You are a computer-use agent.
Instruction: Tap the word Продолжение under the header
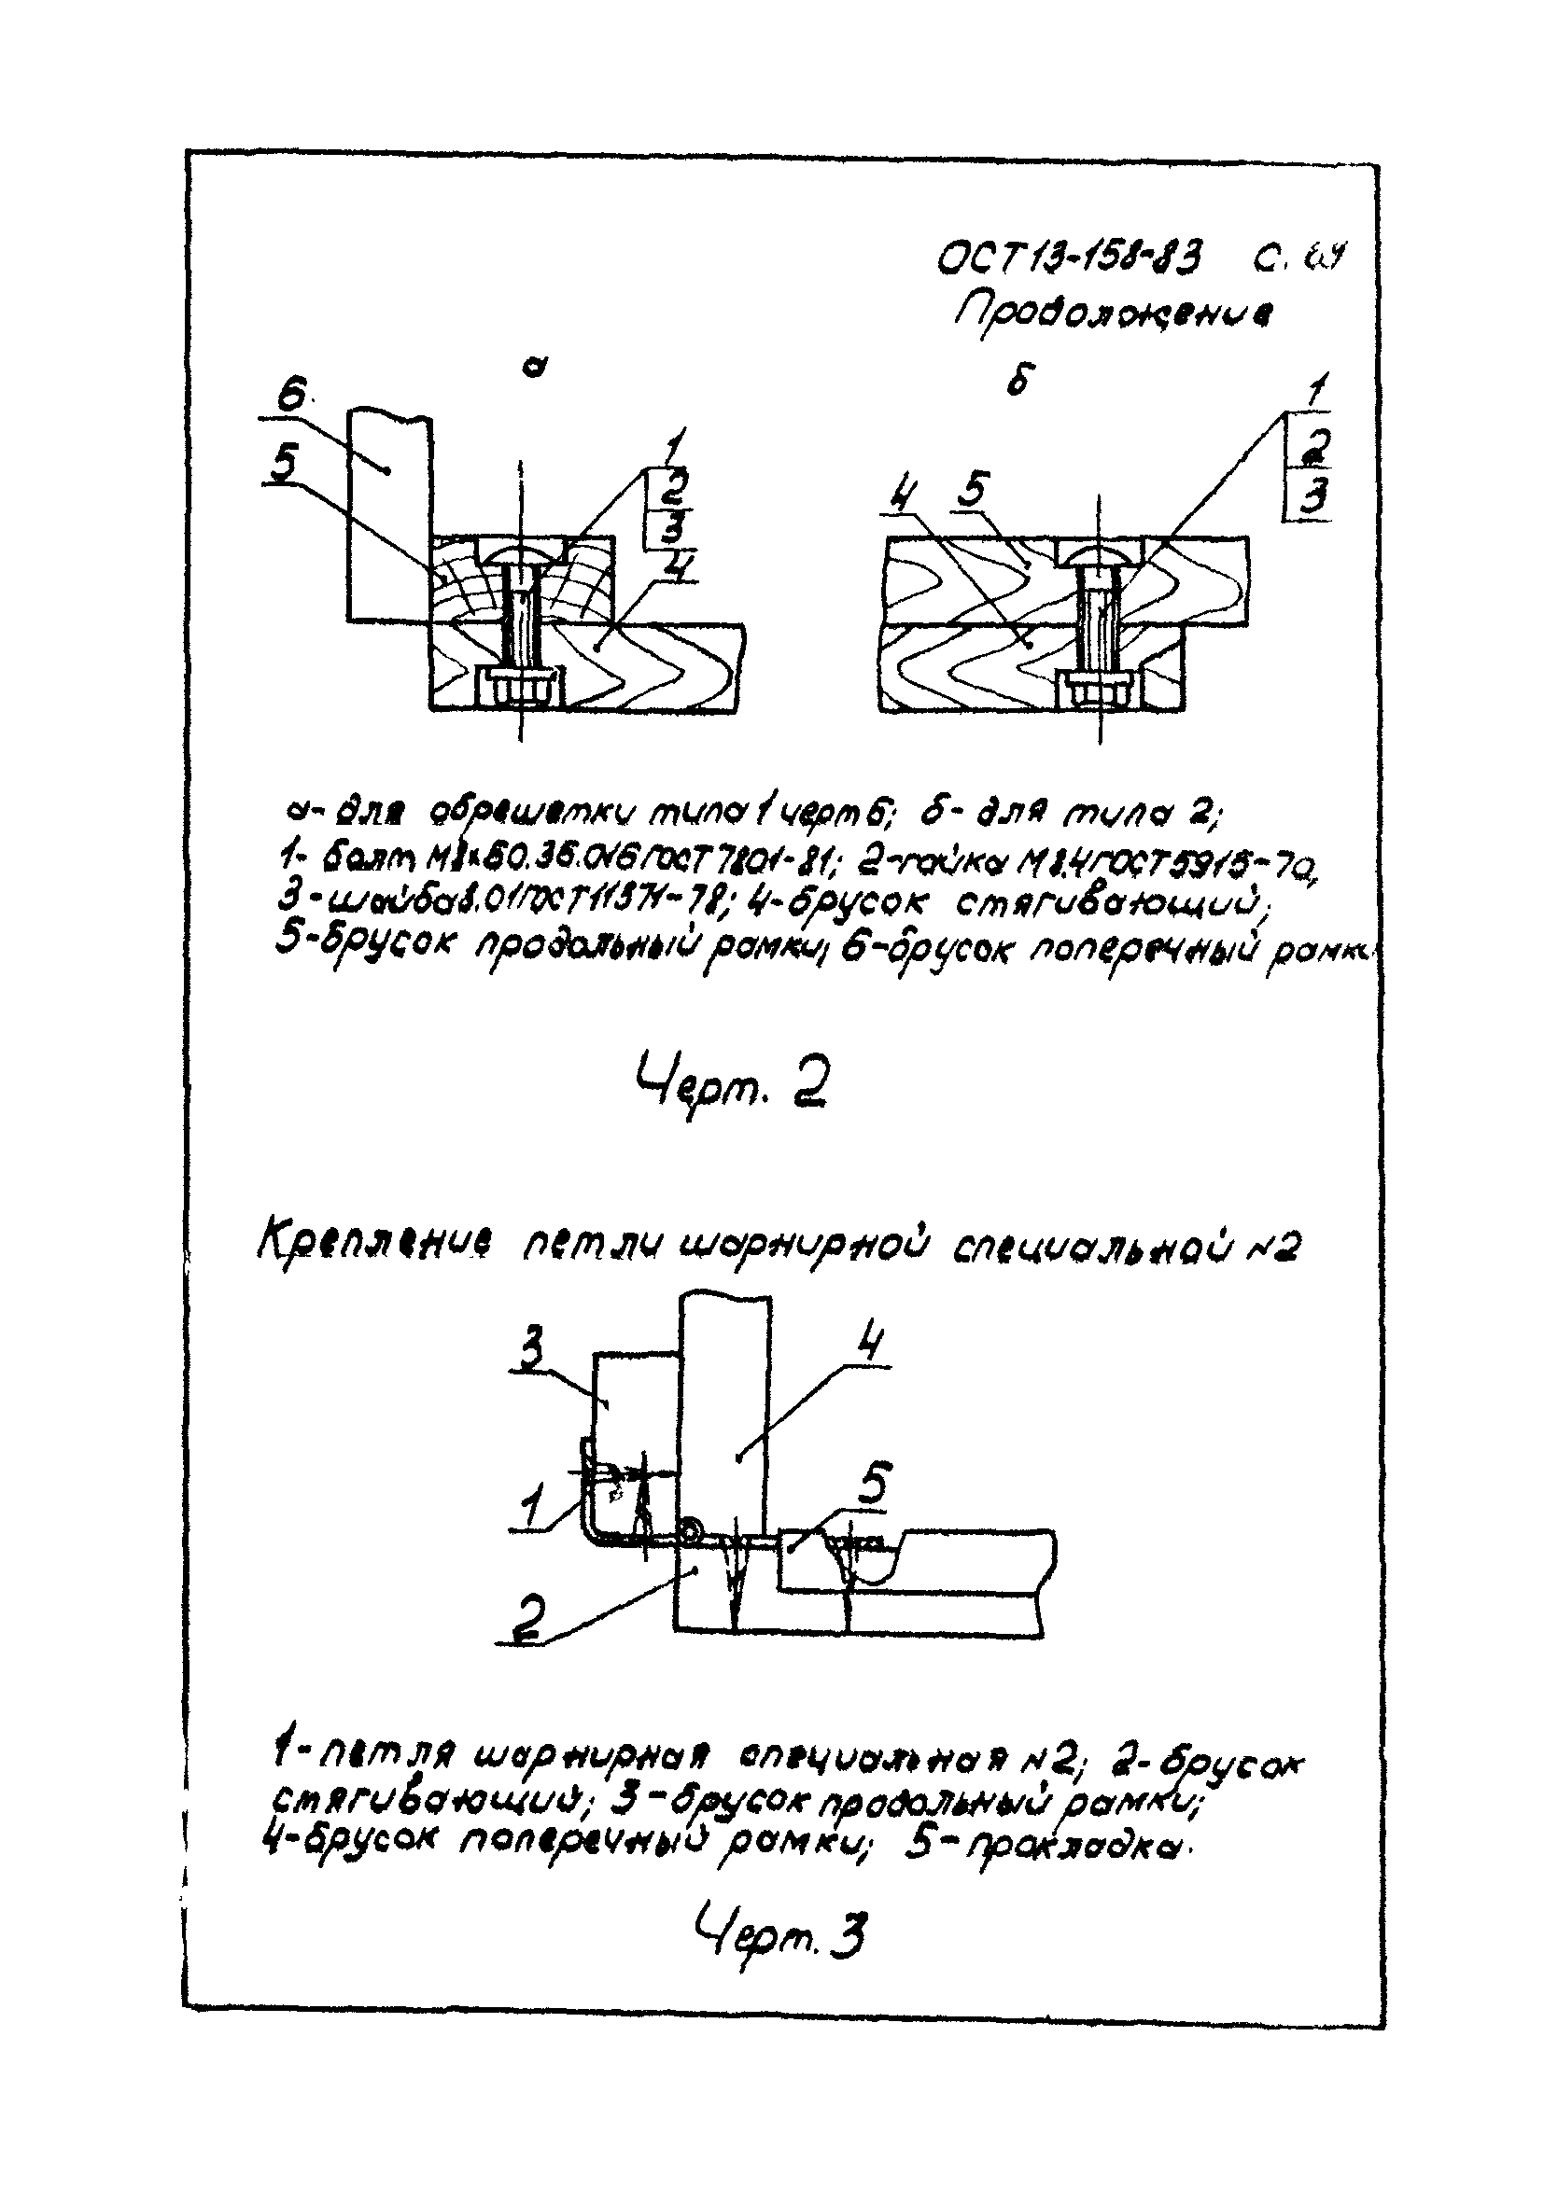(1111, 312)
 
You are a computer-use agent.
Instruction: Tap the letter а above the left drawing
(538, 365)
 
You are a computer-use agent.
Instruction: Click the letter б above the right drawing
(1018, 381)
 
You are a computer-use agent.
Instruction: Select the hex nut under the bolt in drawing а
(519, 688)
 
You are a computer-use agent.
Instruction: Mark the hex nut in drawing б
(1099, 690)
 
